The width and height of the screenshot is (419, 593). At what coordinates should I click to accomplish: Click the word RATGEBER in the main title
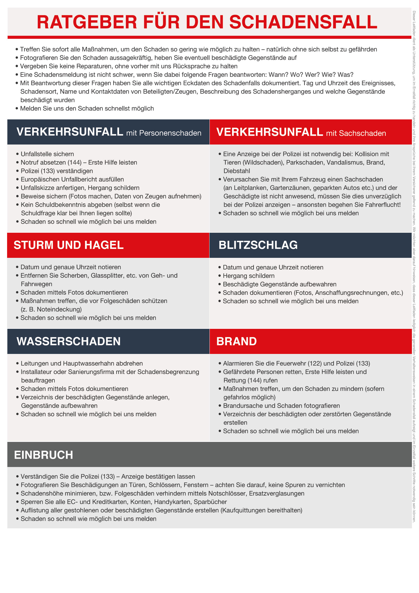tap(87, 22)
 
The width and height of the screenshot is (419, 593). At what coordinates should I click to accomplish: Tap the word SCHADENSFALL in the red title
tap(303, 22)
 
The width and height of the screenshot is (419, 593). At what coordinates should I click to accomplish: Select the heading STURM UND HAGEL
tap(69, 245)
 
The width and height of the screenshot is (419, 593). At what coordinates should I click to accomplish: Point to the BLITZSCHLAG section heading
tap(258, 245)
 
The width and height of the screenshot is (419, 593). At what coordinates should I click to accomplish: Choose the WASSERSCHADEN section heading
tap(69, 342)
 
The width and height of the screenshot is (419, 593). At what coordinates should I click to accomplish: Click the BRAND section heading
tap(237, 342)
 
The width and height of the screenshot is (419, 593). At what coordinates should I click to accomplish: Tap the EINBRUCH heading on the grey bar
tap(44, 455)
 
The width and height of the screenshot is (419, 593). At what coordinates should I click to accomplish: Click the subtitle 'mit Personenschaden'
tap(164, 133)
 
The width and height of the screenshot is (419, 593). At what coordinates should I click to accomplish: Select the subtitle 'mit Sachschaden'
tap(356, 133)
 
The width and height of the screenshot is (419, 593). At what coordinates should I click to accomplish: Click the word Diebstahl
tap(237, 171)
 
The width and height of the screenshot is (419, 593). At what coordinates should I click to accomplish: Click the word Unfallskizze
tap(39, 188)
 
